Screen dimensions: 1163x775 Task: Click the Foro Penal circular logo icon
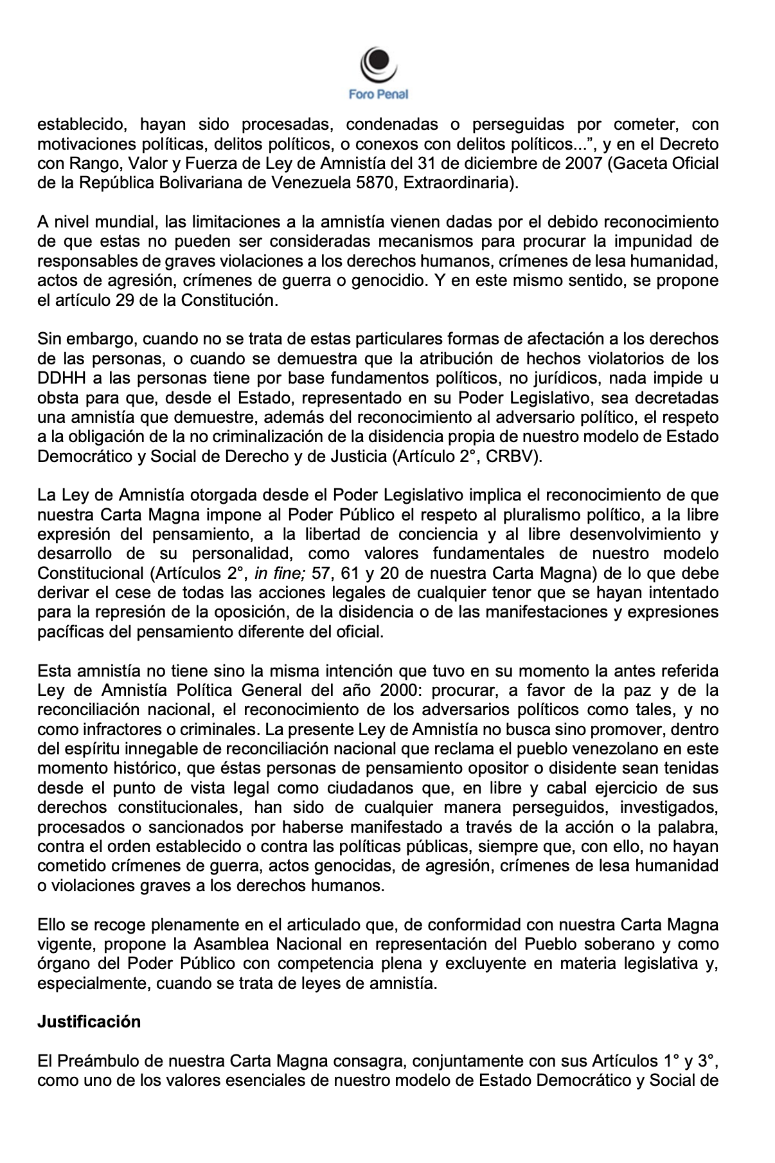click(379, 64)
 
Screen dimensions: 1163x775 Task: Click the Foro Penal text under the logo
click(379, 94)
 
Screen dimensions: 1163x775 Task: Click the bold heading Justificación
click(89, 1022)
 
